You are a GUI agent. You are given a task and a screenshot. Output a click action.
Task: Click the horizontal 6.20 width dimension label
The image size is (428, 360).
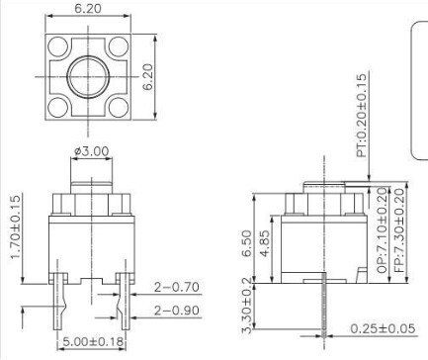pyautogui.click(x=88, y=8)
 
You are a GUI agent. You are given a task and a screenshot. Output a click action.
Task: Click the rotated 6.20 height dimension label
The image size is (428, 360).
pyautogui.click(x=148, y=77)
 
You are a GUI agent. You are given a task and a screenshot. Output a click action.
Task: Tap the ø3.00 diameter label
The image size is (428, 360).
pyautogui.click(x=91, y=151)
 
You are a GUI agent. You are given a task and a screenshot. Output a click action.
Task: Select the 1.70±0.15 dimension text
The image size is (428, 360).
pyautogui.click(x=16, y=227)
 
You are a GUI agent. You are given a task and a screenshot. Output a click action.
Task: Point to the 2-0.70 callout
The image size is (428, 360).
pyautogui.click(x=177, y=287)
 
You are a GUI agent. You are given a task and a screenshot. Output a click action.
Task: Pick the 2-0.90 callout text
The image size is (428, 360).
pyautogui.click(x=177, y=311)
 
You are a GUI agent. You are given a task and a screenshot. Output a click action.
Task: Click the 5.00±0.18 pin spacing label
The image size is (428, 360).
pyautogui.click(x=93, y=341)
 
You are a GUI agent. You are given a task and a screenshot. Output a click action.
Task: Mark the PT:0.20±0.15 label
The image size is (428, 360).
pyautogui.click(x=361, y=115)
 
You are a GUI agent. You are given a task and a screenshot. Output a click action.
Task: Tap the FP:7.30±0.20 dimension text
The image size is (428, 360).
pyautogui.click(x=399, y=229)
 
